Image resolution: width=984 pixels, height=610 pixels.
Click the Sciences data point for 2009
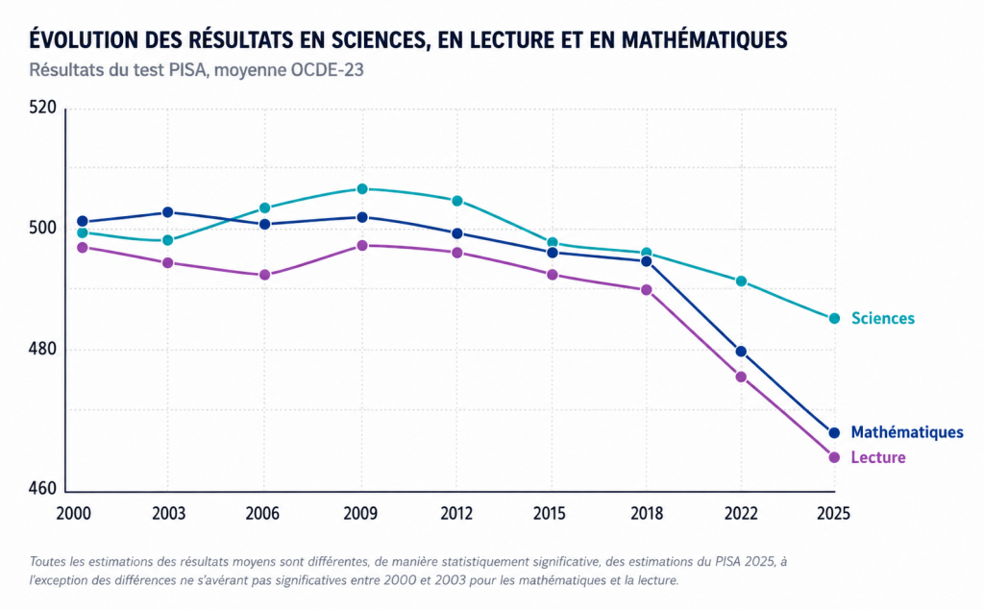[362, 189]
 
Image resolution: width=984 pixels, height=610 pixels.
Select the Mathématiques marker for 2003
[167, 212]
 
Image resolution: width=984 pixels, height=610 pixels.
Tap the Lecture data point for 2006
[265, 275]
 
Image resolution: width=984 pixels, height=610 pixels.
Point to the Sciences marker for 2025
[834, 319]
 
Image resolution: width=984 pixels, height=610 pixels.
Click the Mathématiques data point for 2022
[741, 352]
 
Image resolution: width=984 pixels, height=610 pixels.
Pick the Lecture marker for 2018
[647, 290]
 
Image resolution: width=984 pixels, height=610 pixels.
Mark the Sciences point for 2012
[457, 201]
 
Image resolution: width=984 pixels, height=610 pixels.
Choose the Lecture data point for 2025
[834, 457]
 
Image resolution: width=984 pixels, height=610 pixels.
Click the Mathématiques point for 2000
[83, 222]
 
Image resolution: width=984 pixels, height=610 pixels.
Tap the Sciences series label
[883, 319]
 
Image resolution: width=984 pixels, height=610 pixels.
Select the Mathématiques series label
[907, 432]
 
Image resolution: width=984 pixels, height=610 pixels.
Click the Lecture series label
[878, 457]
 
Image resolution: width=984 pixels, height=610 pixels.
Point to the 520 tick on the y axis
[42, 108]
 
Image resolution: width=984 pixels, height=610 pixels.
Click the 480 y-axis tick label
[42, 350]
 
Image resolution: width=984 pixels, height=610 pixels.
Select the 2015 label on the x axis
[549, 513]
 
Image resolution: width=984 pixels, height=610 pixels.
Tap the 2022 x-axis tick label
[741, 513]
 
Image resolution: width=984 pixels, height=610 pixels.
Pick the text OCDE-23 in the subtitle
[327, 70]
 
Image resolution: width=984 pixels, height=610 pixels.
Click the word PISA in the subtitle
[187, 70]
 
